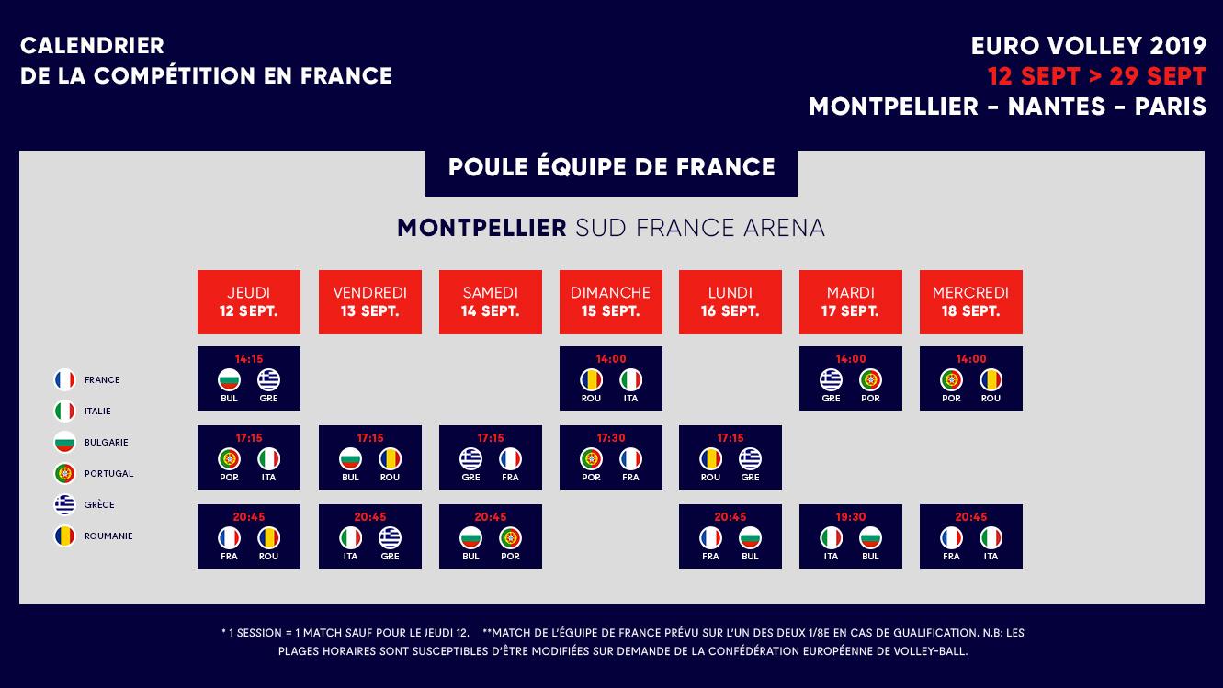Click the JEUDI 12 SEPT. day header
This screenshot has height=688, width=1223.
[x=248, y=301]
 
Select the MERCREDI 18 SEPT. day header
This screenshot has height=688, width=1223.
[x=970, y=301]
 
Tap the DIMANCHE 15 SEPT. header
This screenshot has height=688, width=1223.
[x=610, y=301]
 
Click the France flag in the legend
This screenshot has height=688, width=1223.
[x=64, y=380]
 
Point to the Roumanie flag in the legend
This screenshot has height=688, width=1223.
[x=64, y=536]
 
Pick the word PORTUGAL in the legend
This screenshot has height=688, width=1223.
[x=108, y=474]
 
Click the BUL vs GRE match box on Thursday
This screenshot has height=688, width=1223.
[x=248, y=378]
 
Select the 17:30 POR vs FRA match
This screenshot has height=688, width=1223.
[x=610, y=457]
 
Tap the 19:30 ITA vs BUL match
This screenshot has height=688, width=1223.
[x=850, y=536]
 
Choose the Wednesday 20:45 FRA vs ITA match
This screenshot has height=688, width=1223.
[x=970, y=536]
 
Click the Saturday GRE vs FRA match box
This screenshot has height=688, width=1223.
[x=490, y=457]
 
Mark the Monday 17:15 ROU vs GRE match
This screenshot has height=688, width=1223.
[x=730, y=457]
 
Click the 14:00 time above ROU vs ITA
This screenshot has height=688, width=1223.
[x=610, y=359]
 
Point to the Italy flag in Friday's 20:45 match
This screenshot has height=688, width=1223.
[x=350, y=537]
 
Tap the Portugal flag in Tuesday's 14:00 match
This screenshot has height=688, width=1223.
[x=870, y=379]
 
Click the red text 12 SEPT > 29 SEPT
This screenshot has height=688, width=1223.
[x=1096, y=75]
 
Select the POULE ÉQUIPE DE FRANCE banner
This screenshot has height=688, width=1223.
[x=611, y=168]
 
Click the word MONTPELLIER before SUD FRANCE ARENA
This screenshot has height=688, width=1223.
[x=481, y=228]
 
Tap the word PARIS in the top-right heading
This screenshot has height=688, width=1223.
[x=1170, y=107]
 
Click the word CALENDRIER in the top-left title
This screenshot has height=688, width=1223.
[x=92, y=46]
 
